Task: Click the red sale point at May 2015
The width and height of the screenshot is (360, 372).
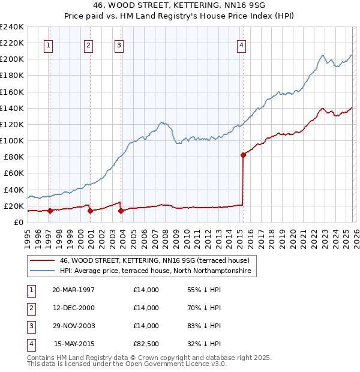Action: [243, 155]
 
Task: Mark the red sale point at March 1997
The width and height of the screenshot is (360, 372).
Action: [50, 211]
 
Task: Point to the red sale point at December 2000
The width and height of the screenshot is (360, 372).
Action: [90, 211]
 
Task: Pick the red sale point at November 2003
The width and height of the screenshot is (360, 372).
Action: [121, 211]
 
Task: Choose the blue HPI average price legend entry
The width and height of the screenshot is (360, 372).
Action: [156, 271]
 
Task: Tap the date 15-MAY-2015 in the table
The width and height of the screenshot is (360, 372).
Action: [74, 344]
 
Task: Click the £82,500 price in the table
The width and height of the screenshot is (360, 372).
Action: [146, 344]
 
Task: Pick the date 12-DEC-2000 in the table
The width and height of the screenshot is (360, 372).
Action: [73, 308]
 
